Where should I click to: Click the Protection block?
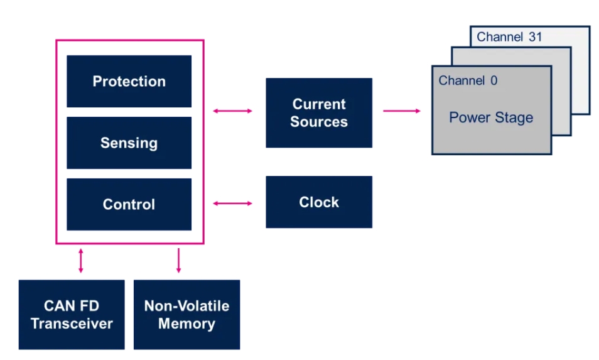[x=129, y=82]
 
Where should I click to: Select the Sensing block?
[x=129, y=143]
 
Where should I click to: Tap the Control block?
[x=129, y=204]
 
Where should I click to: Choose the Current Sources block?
[x=319, y=112]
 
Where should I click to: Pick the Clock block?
[x=319, y=202]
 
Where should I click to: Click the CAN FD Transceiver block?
[x=72, y=315]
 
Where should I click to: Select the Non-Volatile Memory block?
[x=187, y=315]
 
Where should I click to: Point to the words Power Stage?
[x=491, y=117]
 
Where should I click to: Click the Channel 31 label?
[x=509, y=36]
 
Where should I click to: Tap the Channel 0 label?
[x=468, y=80]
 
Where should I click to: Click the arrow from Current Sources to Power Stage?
[x=402, y=111]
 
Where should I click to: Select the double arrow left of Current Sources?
[x=233, y=111]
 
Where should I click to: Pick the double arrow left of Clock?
[x=233, y=204]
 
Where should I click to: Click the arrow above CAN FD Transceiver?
[x=80, y=261]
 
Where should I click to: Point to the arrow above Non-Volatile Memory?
[x=178, y=261]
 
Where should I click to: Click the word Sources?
[x=319, y=122]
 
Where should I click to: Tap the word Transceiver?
[x=72, y=324]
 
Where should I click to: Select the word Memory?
[x=187, y=324]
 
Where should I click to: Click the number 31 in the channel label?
[x=536, y=36]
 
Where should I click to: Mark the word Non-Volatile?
[x=187, y=306]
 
